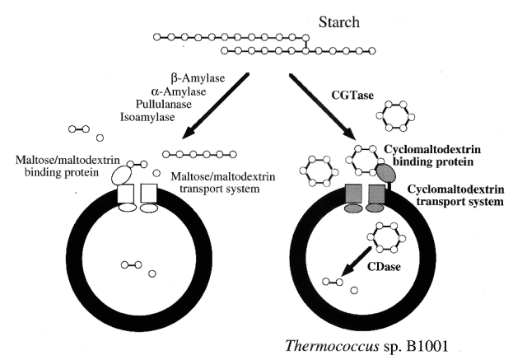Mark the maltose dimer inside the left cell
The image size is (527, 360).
129,264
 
